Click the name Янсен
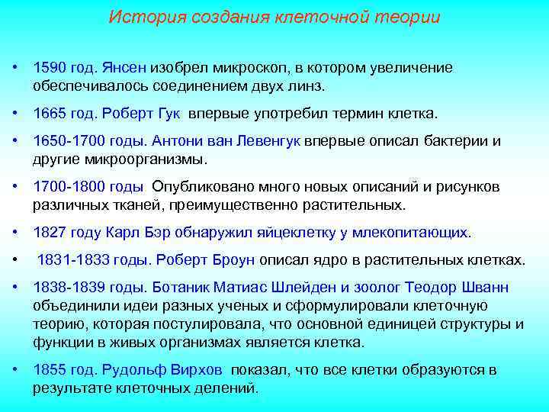pos(136,68)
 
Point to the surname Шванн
pos(485,288)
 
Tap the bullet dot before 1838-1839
pos(16,287)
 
